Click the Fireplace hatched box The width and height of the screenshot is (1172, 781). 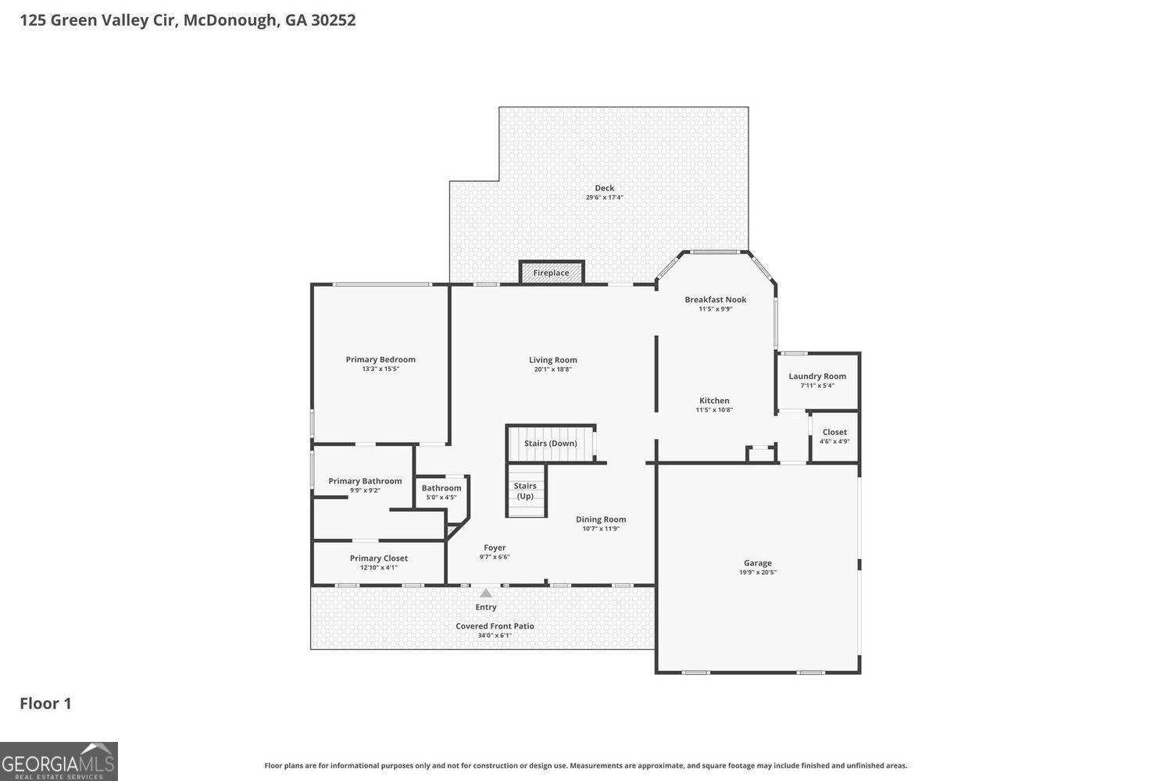(552, 273)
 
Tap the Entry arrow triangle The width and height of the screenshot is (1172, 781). (486, 594)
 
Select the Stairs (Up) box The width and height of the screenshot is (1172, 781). (526, 490)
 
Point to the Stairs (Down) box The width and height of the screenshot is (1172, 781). (551, 444)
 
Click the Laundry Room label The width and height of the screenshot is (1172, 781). (817, 376)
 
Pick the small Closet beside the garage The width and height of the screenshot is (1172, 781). (834, 437)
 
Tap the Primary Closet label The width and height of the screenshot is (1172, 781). (379, 558)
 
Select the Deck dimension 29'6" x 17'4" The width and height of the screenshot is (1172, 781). (605, 198)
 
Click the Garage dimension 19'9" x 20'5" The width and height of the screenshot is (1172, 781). (758, 572)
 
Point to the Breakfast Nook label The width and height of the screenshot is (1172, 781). (716, 299)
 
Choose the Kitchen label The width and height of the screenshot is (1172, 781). (714, 401)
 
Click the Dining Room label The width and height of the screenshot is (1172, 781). (601, 519)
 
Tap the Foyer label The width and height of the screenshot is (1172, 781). (495, 547)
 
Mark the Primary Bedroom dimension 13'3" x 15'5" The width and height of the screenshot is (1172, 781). (381, 369)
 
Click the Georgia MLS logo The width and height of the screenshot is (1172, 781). (59, 761)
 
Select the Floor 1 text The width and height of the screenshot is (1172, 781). (45, 704)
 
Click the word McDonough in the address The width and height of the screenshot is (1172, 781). (230, 20)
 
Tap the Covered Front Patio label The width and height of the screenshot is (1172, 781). (495, 626)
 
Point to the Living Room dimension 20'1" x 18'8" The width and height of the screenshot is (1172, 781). (553, 369)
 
